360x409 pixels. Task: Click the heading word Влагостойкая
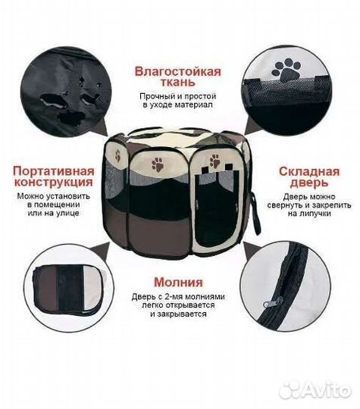click(178, 71)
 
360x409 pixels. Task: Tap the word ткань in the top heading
click(178, 85)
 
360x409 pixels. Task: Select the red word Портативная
click(53, 170)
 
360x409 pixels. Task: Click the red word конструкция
click(53, 183)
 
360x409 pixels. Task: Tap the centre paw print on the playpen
click(158, 164)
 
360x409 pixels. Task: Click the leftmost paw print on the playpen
click(117, 157)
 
